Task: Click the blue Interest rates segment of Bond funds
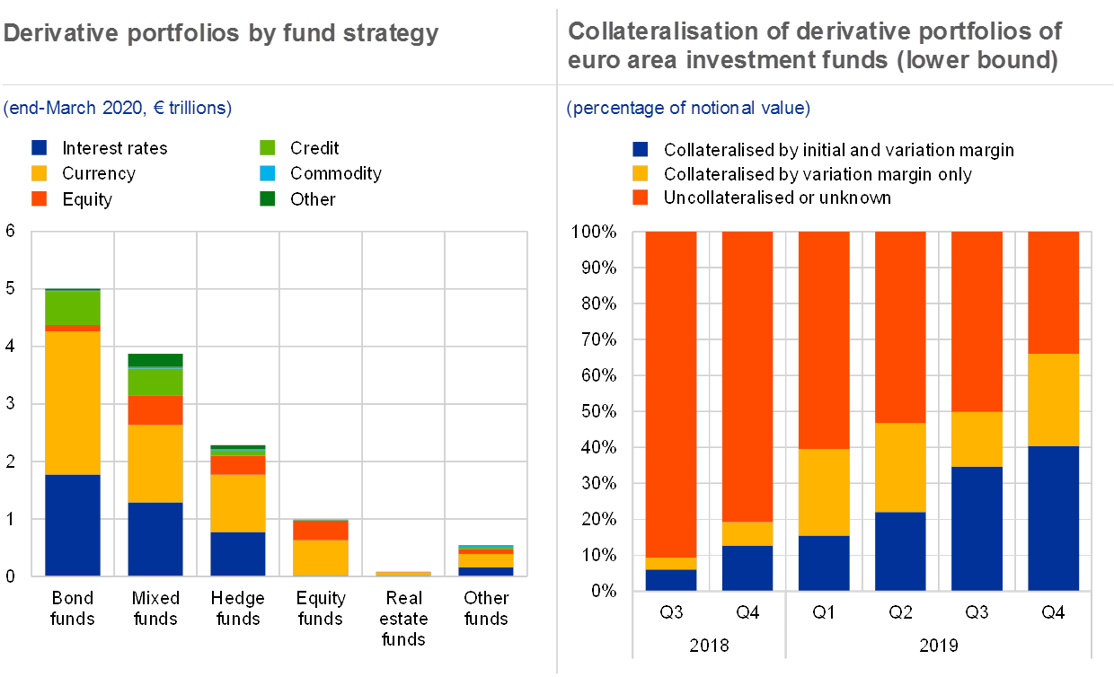[x=72, y=524]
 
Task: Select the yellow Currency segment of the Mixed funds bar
[x=155, y=463]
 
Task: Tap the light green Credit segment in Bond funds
[x=72, y=308]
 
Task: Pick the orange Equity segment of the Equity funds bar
[x=321, y=530]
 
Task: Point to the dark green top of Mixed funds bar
[x=155, y=360]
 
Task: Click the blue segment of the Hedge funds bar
[x=237, y=553]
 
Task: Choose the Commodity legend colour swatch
[x=267, y=173]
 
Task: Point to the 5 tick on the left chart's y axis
[x=12, y=289]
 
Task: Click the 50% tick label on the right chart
[x=597, y=411]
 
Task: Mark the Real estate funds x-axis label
[x=403, y=619]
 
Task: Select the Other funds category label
[x=486, y=608]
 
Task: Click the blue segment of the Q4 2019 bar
[x=1053, y=517]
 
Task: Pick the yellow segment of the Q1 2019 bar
[x=824, y=492]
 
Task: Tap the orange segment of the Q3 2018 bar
[x=671, y=394]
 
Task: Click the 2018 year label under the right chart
[x=709, y=645]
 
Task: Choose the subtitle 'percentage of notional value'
[x=688, y=109]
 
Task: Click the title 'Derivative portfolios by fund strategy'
[x=221, y=34]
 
